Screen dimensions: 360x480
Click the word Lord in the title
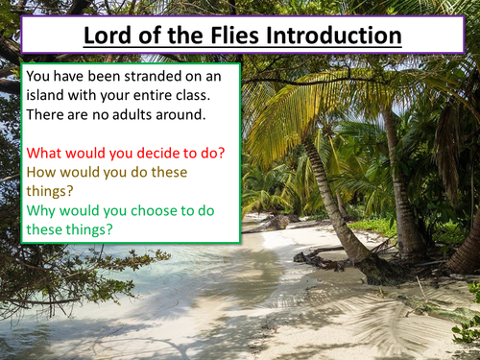(107, 36)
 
